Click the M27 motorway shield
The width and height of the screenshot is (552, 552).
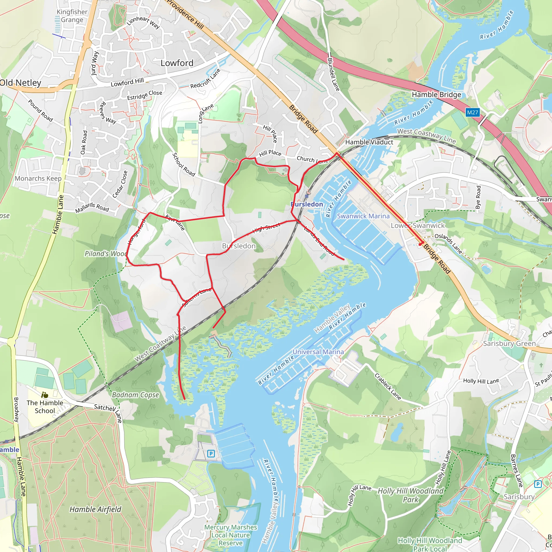[472, 112]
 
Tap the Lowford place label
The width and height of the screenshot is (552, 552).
[177, 63]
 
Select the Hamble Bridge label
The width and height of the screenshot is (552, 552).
[436, 95]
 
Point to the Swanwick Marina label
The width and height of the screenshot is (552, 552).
[363, 216]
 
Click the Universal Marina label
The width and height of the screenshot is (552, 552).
[318, 352]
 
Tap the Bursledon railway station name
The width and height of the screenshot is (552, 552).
[306, 204]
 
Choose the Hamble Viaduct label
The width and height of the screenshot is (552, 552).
[369, 142]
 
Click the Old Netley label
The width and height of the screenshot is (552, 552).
[20, 83]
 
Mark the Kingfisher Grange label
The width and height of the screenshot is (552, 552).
[72, 16]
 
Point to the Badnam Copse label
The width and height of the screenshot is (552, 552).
[135, 395]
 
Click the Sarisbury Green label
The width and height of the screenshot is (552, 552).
[509, 343]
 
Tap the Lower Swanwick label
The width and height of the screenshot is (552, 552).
[418, 225]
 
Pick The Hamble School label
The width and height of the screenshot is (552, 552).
[45, 406]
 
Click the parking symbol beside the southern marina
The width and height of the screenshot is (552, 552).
[211, 453]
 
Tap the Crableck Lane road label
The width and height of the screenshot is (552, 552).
[388, 387]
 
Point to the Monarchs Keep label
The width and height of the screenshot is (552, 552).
[38, 179]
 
